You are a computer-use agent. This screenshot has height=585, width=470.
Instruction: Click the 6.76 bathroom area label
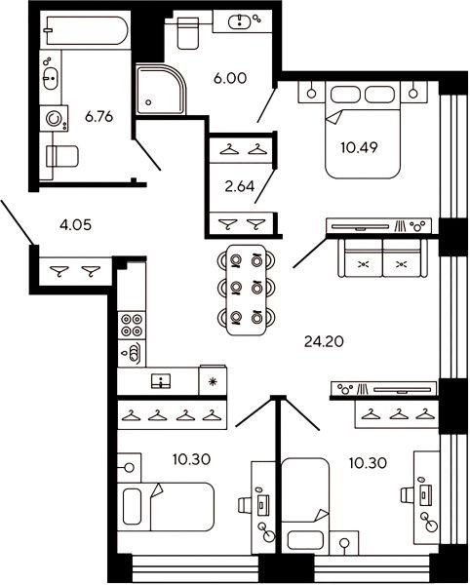(98, 117)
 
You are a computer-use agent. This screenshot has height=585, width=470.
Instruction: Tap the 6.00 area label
(230, 78)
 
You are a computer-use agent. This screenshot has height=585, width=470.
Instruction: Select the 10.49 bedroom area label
(359, 148)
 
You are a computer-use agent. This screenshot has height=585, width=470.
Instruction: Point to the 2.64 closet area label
(240, 186)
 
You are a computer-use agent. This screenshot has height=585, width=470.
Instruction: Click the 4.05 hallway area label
(75, 225)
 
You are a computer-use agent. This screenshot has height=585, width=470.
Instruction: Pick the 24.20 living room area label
(324, 341)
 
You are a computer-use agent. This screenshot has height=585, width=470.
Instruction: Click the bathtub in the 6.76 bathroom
(86, 30)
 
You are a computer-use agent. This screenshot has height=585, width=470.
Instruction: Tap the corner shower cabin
(160, 90)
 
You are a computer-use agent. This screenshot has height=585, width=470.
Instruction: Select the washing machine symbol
(54, 119)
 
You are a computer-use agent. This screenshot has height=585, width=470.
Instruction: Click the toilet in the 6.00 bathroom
(187, 33)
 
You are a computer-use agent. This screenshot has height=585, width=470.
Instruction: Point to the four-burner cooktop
(132, 326)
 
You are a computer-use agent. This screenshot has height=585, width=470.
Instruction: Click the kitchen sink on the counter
(161, 380)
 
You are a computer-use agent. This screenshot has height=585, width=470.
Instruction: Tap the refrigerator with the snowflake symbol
(213, 381)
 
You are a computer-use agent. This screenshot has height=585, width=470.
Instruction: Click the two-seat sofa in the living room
(382, 257)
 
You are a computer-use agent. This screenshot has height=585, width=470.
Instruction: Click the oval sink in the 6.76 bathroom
(51, 78)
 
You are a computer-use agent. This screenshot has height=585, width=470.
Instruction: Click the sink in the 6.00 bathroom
(239, 20)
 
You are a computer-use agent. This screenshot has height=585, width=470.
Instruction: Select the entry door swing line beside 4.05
(18, 222)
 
